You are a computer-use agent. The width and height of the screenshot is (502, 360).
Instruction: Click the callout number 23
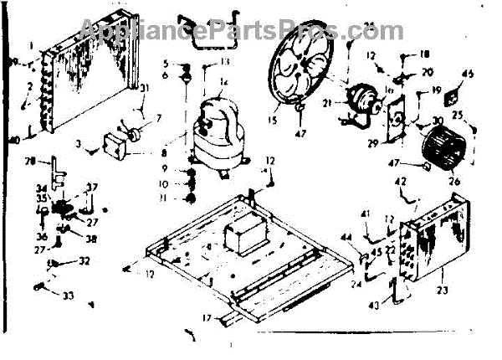click(x=443, y=290)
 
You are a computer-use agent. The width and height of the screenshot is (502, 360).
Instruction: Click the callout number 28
click(x=28, y=161)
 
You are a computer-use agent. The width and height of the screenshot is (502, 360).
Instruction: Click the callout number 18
click(x=424, y=53)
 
